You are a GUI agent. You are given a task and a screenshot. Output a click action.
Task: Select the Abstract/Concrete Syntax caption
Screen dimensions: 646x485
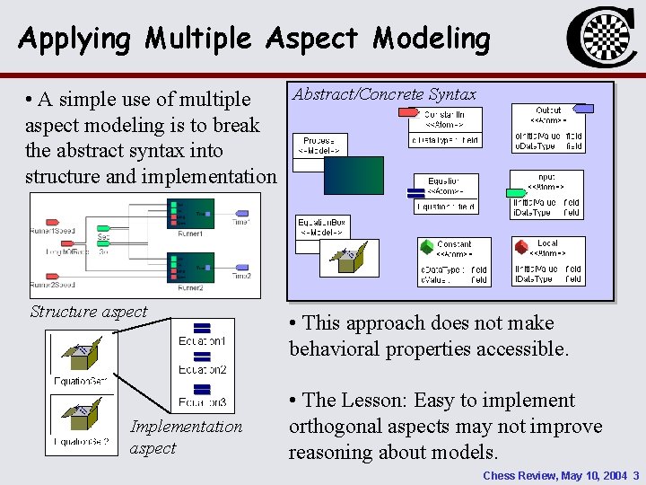coord(384,94)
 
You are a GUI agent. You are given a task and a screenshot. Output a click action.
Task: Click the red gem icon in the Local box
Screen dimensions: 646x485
coord(521,245)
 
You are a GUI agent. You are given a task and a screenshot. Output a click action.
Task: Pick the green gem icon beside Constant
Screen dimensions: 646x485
coord(426,245)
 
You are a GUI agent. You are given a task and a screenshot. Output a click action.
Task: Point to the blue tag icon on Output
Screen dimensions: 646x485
coord(582,109)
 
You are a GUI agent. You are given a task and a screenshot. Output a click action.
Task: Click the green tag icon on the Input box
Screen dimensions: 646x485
coord(517,192)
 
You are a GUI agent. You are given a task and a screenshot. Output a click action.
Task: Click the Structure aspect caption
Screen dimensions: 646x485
coord(88,312)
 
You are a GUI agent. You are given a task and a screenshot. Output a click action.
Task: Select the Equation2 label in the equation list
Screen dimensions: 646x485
coord(202,369)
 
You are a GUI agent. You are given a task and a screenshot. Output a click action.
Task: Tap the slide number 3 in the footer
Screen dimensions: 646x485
coord(635,475)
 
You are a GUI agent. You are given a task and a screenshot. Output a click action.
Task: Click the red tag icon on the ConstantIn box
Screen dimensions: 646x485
coord(408,112)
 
